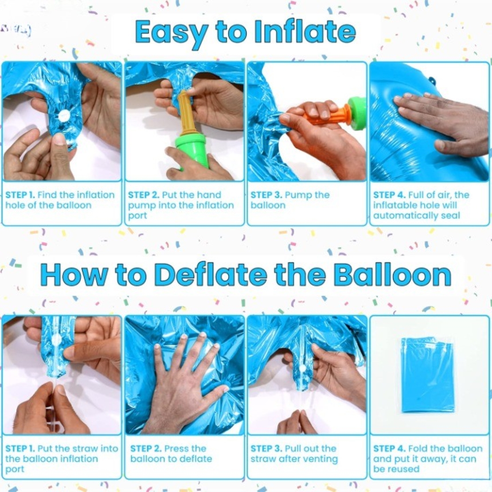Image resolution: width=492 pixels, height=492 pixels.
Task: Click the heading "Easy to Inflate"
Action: pyautogui.click(x=245, y=32)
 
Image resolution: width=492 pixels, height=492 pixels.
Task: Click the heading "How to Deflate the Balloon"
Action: pyautogui.click(x=246, y=275)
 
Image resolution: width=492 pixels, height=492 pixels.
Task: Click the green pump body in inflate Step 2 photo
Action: pyautogui.click(x=191, y=148)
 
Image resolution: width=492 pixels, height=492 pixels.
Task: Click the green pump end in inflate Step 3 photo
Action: pyautogui.click(x=357, y=113)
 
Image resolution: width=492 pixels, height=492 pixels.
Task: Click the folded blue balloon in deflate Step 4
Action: pyautogui.click(x=428, y=375)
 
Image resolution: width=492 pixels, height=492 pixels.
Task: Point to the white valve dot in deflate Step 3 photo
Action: pyautogui.click(x=302, y=369)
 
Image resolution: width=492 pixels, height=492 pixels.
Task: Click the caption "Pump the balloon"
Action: pyautogui.click(x=290, y=200)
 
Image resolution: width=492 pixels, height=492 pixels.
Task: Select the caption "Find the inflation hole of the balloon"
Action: pyautogui.click(x=60, y=200)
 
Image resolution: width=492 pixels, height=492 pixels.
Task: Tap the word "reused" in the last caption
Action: pyautogui.click(x=403, y=469)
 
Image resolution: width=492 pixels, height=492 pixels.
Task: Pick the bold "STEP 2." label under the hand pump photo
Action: pyautogui.click(x=144, y=195)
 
